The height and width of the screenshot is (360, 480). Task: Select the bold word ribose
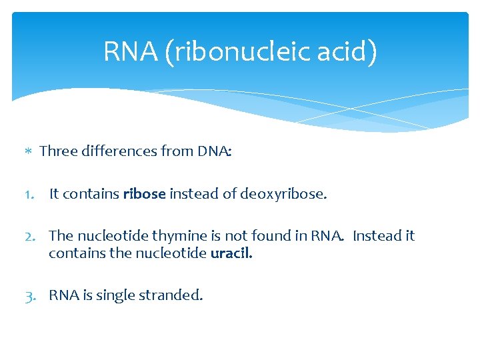point(144,194)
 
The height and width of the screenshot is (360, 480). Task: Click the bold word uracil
point(231,253)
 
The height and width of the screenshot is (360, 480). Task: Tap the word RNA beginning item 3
point(63,295)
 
